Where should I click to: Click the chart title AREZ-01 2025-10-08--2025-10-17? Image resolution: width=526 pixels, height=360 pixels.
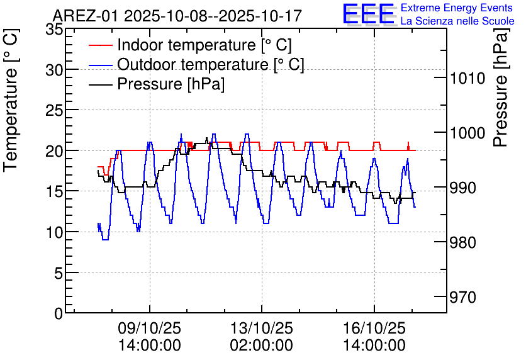point(177,15)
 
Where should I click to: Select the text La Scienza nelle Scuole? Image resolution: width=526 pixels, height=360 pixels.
point(457,21)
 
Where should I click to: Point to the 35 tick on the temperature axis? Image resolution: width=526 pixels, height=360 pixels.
point(55,29)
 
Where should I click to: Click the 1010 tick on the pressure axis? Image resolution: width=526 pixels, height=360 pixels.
point(466,79)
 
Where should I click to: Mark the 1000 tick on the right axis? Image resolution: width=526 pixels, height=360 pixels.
point(466,133)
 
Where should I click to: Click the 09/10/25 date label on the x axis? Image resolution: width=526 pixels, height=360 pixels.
point(150,329)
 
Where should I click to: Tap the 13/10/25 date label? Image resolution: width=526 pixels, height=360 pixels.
point(262,329)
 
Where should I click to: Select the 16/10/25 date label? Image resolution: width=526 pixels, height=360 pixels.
point(374,329)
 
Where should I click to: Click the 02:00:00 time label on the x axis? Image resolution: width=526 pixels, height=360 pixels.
point(262,346)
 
